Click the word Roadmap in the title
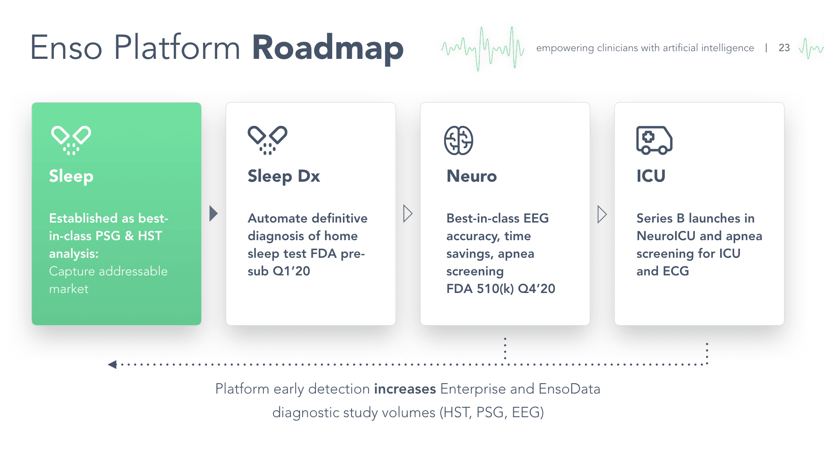(327, 48)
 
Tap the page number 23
(784, 48)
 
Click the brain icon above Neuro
(458, 140)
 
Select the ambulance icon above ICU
(654, 140)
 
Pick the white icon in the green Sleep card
(71, 140)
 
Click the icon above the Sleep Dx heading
(267, 140)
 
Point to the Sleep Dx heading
(284, 176)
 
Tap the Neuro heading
(471, 176)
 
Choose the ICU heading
(651, 176)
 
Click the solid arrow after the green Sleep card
(213, 214)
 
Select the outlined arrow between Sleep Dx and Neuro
(408, 214)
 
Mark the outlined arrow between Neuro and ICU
(602, 214)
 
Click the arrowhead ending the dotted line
(112, 364)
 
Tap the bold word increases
(405, 389)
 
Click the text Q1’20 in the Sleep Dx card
(291, 271)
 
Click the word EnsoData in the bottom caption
(569, 389)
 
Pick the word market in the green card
(69, 289)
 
